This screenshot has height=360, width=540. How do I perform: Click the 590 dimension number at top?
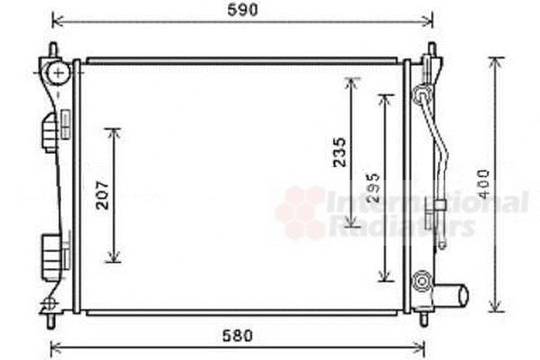[242, 10]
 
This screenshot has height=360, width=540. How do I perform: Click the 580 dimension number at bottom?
[238, 336]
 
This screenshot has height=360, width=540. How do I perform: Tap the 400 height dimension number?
[484, 184]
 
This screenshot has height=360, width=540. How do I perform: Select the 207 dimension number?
[103, 195]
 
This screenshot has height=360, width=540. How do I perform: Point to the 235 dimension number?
[339, 152]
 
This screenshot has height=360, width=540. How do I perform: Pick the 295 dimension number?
[373, 187]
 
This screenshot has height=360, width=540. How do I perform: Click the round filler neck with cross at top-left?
[58, 72]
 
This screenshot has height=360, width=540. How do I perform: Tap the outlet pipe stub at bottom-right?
[451, 295]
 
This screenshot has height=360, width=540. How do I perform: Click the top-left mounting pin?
[53, 50]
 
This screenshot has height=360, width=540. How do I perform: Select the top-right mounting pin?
[432, 49]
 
